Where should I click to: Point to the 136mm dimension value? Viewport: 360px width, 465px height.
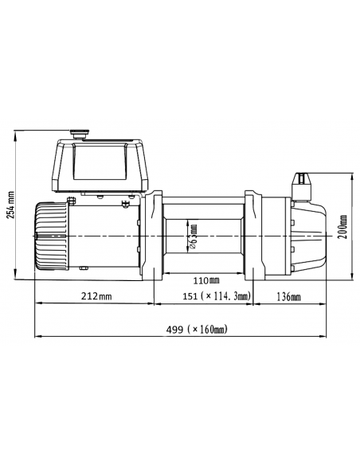[x=288, y=296]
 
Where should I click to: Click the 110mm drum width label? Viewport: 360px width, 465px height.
[x=205, y=280]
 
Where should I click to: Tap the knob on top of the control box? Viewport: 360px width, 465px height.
[x=81, y=135]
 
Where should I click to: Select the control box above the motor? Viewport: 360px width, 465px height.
[x=99, y=166]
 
